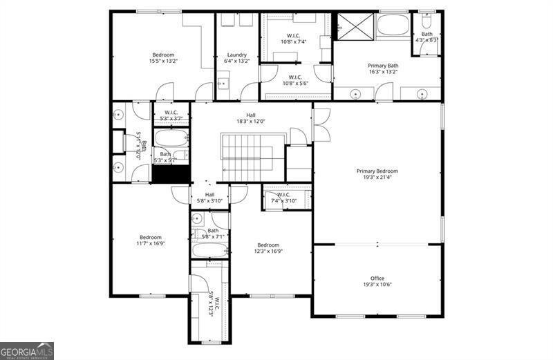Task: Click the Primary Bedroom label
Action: point(377,171)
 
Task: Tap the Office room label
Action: point(377,278)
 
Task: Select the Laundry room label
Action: point(236,55)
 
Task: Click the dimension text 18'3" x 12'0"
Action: point(251,122)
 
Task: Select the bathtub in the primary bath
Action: point(393,27)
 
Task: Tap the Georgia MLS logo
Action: point(26,350)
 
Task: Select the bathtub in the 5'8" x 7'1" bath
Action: point(210,250)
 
